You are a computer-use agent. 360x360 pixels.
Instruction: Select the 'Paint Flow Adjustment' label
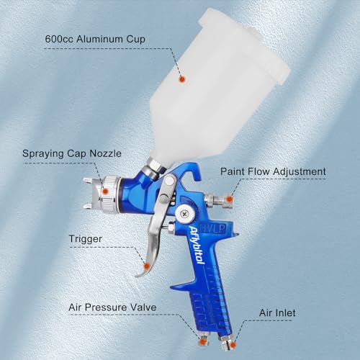(274, 172)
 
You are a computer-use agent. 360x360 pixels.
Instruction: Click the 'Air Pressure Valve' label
(114, 307)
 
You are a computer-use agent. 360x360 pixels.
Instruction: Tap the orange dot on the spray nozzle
(105, 192)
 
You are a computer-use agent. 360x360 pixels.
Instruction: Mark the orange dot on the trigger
(147, 265)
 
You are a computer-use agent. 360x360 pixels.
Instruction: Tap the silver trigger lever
(157, 230)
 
